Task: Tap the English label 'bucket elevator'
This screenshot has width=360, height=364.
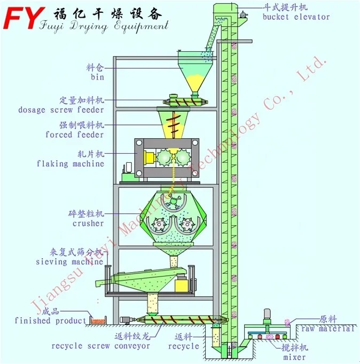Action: pyautogui.click(x=296, y=17)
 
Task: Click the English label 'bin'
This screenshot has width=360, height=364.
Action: pyautogui.click(x=97, y=78)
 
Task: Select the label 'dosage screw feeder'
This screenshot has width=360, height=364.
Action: pyautogui.click(x=61, y=110)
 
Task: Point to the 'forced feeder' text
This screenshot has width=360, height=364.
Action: pyautogui.click(x=74, y=135)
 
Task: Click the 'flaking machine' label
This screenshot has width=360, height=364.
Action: pyautogui.click(x=71, y=164)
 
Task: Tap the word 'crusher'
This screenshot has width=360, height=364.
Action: pyautogui.click(x=88, y=224)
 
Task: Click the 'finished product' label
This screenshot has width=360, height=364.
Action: pyautogui.click(x=51, y=321)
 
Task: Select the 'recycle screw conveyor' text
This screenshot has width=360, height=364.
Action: pyautogui.click(x=101, y=346)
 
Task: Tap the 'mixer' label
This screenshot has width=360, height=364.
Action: pyautogui.click(x=295, y=357)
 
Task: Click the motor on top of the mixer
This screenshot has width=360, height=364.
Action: pyautogui.click(x=267, y=315)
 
